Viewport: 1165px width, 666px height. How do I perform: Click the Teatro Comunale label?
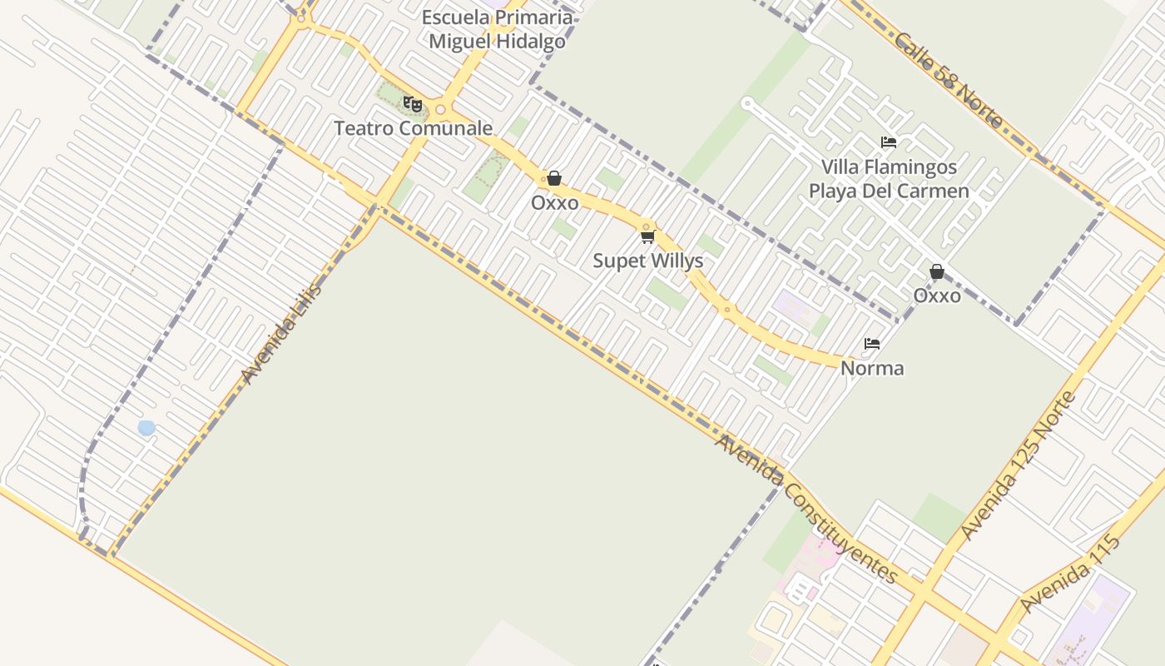[x=414, y=128]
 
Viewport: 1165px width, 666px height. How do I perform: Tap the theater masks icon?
[x=412, y=104]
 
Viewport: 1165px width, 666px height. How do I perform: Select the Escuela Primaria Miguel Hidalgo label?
[x=498, y=29]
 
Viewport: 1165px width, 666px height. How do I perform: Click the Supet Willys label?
[x=647, y=261]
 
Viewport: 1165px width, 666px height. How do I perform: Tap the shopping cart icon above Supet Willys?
[x=647, y=237]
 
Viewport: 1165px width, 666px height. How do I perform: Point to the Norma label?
[x=872, y=368]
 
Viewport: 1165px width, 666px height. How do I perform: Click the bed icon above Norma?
[x=872, y=343]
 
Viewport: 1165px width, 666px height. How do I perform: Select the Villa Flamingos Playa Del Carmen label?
[x=889, y=179]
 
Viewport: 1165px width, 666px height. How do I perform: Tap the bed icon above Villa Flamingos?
[x=889, y=142]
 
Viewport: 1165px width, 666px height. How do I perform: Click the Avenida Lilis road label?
[x=280, y=334]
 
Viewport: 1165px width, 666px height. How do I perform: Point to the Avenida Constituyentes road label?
[x=806, y=509]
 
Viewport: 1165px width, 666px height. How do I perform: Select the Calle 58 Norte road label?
[x=949, y=80]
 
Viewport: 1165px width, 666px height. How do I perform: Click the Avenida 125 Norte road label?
[x=1018, y=465]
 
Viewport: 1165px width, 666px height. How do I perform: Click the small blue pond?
[x=146, y=428]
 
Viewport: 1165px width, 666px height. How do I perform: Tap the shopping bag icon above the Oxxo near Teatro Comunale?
[x=554, y=178]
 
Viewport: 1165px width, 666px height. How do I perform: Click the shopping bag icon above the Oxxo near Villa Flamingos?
[x=937, y=271]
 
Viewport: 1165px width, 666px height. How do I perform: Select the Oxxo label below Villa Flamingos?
[x=937, y=296]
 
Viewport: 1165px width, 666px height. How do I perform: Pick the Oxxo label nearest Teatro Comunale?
[x=554, y=203]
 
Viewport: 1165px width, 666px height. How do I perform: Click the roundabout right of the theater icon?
[x=440, y=110]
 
